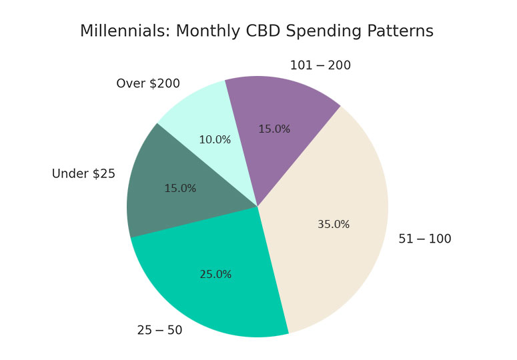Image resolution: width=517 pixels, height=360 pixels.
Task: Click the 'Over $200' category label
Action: pos(148,84)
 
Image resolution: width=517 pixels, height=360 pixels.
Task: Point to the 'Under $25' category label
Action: pos(83,174)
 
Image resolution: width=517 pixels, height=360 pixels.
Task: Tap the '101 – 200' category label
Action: pos(320,65)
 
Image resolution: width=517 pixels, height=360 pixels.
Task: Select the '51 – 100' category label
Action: pos(424,239)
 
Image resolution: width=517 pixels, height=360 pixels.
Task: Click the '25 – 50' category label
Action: pos(159,330)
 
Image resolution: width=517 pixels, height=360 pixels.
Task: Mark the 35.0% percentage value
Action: pos(334,225)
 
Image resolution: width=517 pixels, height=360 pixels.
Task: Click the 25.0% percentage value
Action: pos(215,274)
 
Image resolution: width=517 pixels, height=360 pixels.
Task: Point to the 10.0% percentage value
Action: pos(215,140)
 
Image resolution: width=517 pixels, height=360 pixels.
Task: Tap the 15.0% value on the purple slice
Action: pos(274,129)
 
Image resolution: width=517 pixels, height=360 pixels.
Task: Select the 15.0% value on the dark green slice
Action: pos(180,189)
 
